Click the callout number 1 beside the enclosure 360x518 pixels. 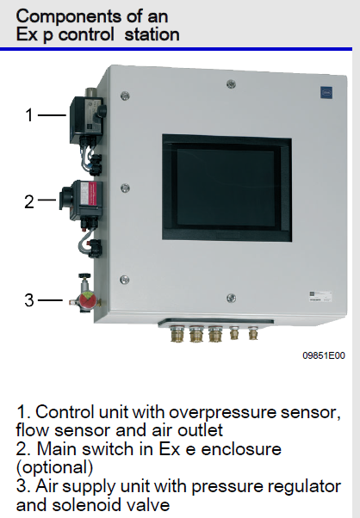(28, 114)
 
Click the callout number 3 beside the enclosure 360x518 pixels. (28, 300)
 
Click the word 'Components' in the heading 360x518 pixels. (57, 16)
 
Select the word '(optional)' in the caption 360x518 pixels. (53, 468)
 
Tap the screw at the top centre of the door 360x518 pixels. (229, 83)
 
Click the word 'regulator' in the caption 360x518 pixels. (296, 487)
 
